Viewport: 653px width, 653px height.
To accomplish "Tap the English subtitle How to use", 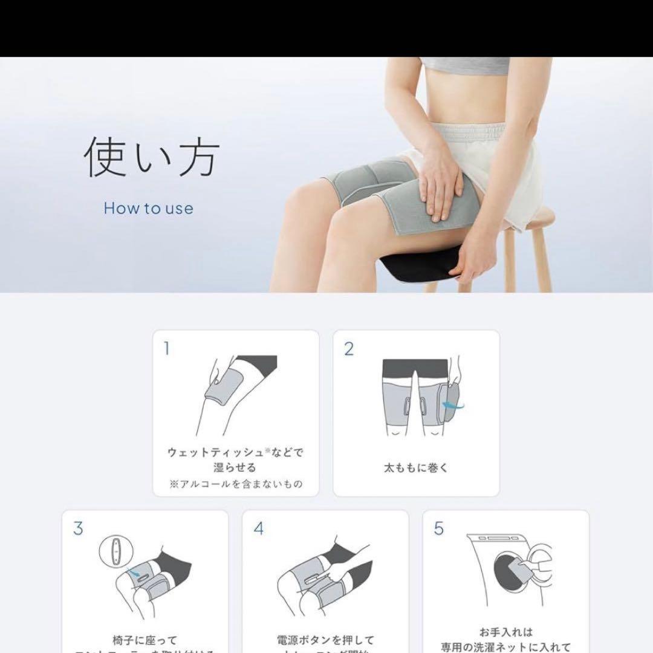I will [148, 209].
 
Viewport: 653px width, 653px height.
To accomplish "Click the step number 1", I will [167, 349].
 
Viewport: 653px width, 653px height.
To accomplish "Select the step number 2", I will [348, 349].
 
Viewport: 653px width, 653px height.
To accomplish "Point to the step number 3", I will [77, 528].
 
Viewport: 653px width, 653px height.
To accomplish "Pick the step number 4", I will [259, 528].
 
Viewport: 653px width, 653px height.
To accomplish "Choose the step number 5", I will [439, 528].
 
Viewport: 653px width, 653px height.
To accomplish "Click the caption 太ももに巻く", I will [416, 467].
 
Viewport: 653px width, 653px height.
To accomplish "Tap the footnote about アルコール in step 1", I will [236, 484].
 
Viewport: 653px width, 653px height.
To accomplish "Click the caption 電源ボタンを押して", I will [325, 640].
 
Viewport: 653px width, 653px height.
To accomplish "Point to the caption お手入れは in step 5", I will [505, 632].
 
